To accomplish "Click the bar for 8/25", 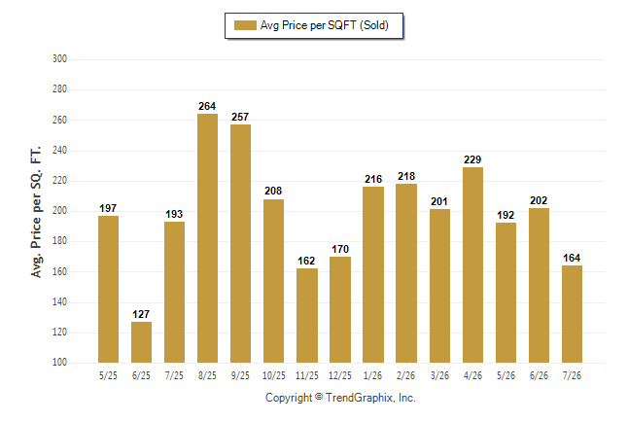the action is (x=207, y=238).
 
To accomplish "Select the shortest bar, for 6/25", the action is (x=141, y=342).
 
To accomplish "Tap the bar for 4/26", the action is (x=472, y=264).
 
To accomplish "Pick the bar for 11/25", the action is (x=307, y=315).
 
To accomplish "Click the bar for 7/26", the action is (x=572, y=314).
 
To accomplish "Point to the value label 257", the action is (x=240, y=117).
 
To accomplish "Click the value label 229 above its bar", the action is (x=472, y=159).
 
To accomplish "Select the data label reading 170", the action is (x=340, y=249).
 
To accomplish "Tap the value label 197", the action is (x=108, y=208).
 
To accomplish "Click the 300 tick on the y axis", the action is (x=59, y=59).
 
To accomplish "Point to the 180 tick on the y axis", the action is (x=59, y=241).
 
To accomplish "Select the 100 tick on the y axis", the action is (x=59, y=363).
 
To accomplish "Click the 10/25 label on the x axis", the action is (x=274, y=376).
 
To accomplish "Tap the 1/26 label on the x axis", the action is (x=373, y=376).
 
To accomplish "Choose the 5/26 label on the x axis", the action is (x=506, y=376).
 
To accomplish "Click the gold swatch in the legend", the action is (x=245, y=25).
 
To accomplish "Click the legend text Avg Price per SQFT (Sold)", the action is (x=325, y=25).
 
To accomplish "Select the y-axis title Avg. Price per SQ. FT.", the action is (x=36, y=212).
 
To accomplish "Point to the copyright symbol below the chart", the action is (x=319, y=397).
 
